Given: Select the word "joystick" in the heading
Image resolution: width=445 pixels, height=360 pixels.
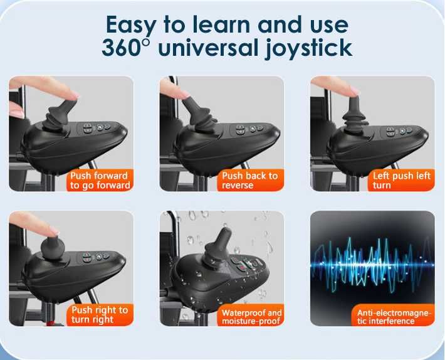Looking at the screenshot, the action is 308,49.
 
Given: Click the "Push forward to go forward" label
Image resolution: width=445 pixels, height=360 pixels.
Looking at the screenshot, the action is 100,180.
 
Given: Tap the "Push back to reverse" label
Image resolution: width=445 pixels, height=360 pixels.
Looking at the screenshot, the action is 250,180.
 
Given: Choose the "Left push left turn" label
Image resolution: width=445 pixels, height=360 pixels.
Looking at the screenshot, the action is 401,180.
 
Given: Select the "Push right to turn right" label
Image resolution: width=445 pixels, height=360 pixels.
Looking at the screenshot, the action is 100,315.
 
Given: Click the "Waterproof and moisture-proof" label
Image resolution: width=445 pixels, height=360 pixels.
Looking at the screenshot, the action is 251,316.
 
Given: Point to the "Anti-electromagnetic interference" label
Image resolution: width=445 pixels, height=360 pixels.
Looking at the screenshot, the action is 394,316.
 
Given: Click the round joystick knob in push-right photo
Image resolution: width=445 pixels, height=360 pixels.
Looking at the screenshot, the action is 53,248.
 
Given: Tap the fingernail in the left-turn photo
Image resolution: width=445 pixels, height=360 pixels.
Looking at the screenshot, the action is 355,90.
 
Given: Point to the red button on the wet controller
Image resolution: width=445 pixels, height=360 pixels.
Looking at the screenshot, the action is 242,268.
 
